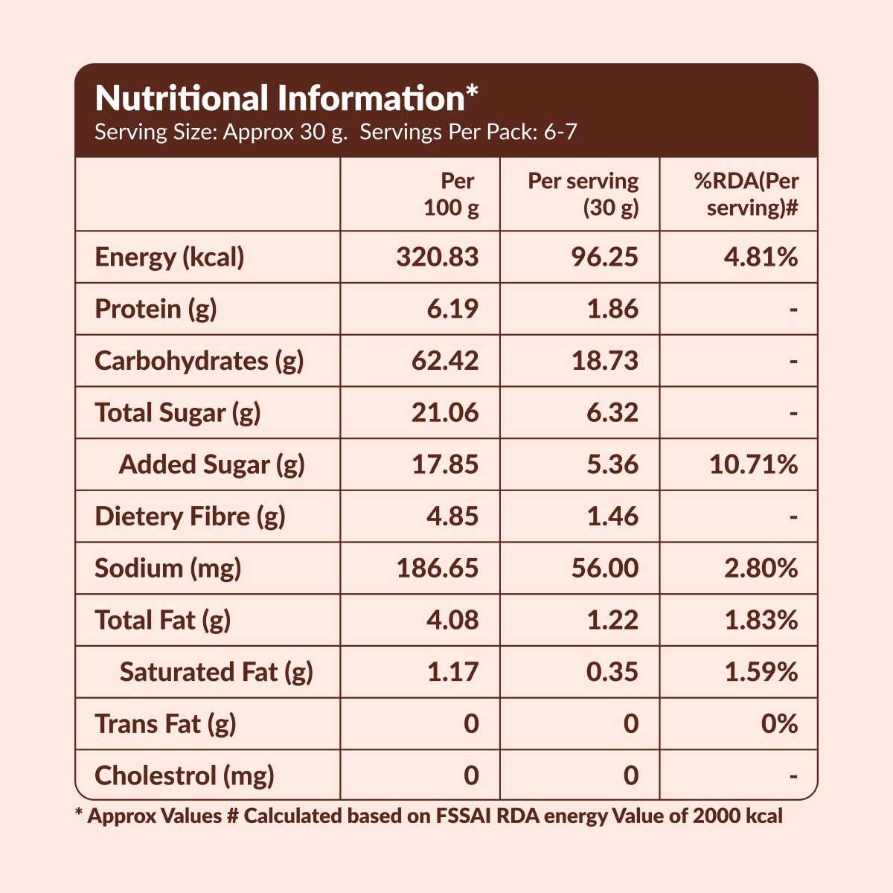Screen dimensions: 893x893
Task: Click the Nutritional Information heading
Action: tap(287, 98)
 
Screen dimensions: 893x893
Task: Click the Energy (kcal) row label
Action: tap(170, 257)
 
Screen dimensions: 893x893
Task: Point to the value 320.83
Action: tap(438, 257)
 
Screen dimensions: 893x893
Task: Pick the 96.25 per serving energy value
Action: tap(604, 257)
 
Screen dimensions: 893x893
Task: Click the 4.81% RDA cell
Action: tap(761, 257)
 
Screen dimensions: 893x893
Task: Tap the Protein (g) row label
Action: tap(156, 309)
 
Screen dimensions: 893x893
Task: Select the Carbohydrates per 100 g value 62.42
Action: tap(445, 361)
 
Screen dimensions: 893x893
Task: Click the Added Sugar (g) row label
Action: tap(211, 464)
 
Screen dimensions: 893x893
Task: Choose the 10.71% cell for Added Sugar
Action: tap(753, 464)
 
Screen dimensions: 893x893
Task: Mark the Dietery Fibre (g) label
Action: tap(190, 516)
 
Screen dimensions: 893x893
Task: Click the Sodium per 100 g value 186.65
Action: tap(438, 569)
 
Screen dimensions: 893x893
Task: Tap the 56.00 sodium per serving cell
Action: tap(604, 569)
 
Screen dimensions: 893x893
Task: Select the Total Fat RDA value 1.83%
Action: tap(761, 620)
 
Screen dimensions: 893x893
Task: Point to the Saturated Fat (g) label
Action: tap(216, 672)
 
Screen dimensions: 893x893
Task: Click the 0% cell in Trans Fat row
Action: tap(779, 723)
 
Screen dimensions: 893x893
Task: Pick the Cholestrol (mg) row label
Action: tap(185, 775)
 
